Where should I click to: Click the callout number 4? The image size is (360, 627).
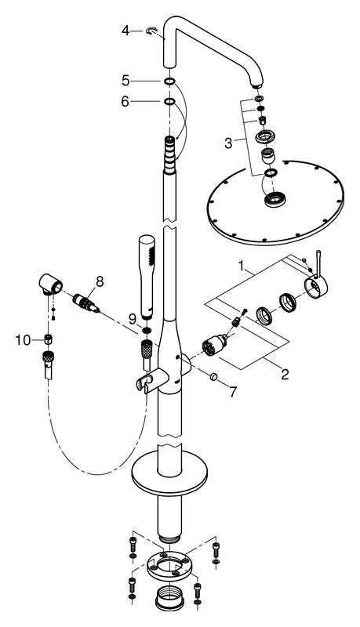(x=126, y=31)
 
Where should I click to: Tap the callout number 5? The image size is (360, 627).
(x=126, y=81)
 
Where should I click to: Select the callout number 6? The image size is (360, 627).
(x=125, y=102)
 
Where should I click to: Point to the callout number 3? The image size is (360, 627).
(x=228, y=143)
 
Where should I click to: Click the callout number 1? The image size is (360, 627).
(x=242, y=265)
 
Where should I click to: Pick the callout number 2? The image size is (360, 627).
(x=285, y=375)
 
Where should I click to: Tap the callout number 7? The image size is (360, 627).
(x=232, y=393)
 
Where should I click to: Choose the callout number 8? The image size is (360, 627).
(x=99, y=281)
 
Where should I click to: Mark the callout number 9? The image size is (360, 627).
(x=133, y=319)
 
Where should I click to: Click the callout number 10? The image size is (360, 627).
(x=24, y=340)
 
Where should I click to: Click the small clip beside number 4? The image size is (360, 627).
(x=152, y=31)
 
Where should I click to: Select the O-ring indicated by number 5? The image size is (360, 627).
(x=169, y=82)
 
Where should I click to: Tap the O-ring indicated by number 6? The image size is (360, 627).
(x=169, y=102)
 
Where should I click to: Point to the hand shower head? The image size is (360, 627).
(x=146, y=277)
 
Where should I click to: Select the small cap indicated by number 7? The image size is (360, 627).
(x=213, y=376)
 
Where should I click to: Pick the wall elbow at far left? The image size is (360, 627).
(x=51, y=285)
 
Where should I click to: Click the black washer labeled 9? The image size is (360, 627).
(x=147, y=330)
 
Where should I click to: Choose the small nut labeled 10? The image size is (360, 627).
(x=49, y=340)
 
